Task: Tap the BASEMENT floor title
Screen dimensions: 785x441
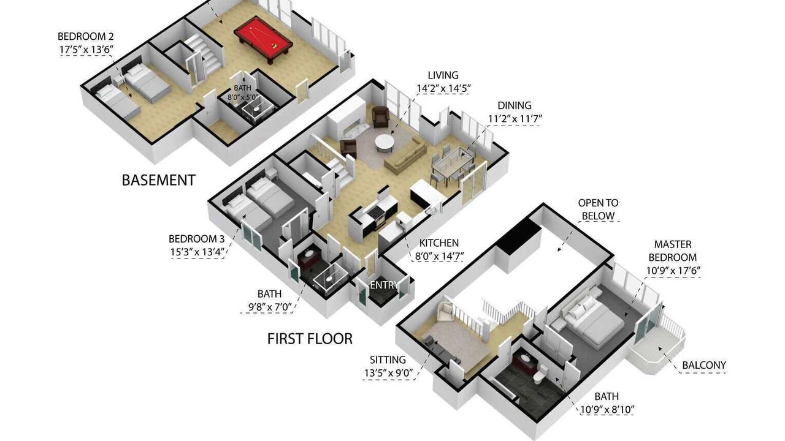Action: (x=158, y=180)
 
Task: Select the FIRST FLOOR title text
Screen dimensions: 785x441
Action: (x=310, y=339)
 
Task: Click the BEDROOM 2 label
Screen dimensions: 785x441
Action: (x=85, y=36)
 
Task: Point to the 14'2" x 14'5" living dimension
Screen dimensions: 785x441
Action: (x=443, y=89)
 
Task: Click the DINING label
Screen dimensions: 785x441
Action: (x=515, y=105)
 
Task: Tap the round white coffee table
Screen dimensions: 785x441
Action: (x=385, y=143)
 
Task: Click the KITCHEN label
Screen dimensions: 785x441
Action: (x=438, y=243)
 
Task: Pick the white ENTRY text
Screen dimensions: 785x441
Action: (x=384, y=285)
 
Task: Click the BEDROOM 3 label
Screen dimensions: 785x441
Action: (x=196, y=239)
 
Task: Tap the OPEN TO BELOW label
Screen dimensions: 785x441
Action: (x=598, y=209)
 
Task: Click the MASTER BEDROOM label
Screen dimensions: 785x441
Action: (x=673, y=251)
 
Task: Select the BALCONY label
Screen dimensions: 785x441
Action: (x=703, y=366)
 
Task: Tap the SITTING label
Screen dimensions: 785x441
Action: (x=388, y=360)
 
